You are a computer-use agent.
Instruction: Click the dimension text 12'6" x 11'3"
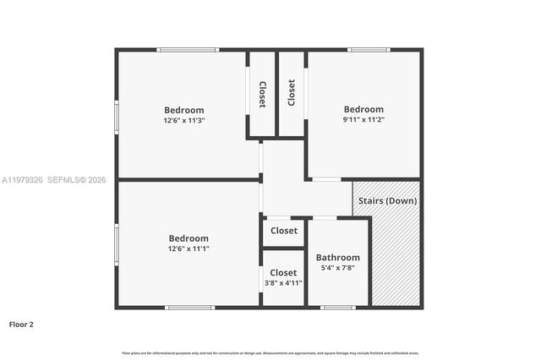[184, 121]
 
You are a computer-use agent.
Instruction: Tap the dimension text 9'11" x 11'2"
[363, 120]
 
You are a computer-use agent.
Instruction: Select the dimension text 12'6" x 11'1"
[189, 248]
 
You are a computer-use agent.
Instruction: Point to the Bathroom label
[338, 257]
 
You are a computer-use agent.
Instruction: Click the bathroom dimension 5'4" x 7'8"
[338, 268]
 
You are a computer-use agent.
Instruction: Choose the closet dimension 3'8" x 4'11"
[283, 283]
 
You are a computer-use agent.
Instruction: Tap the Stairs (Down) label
[386, 200]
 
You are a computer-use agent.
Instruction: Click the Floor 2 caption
[21, 324]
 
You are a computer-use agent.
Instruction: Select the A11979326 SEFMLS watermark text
[53, 180]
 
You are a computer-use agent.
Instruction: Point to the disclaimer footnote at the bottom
[270, 352]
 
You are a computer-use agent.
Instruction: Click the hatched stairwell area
[395, 254]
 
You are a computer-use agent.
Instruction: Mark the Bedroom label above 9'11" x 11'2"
[363, 109]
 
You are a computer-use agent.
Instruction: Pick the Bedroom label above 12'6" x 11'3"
[184, 110]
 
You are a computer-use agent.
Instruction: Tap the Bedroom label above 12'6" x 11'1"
[189, 238]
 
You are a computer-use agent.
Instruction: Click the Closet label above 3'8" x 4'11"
[283, 272]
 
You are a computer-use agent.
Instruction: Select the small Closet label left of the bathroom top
[283, 231]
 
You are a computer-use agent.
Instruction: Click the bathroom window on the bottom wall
[338, 307]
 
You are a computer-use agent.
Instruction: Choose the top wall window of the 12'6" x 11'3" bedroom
[188, 50]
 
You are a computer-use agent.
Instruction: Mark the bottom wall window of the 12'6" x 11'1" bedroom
[190, 307]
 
